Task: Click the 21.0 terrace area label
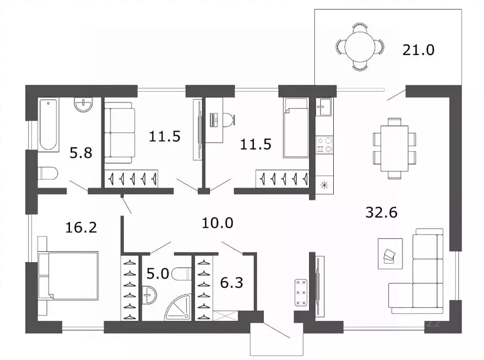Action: pos(418,50)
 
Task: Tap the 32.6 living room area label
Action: pos(381,212)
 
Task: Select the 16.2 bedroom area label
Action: pos(81,228)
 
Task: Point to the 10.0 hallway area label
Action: pos(217,223)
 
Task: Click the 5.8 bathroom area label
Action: pos(81,153)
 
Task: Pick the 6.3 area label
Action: pos(232,283)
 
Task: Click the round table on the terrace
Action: pos(360,47)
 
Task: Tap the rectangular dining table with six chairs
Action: pos(394,149)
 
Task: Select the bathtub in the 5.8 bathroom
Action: pos(49,125)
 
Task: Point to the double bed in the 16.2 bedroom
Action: pos(68,276)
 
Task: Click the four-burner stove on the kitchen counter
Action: pos(324,145)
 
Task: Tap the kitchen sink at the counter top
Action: pos(324,106)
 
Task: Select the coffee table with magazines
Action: pos(390,254)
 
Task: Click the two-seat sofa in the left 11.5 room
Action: pos(120,133)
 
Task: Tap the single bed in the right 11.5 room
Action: pos(296,128)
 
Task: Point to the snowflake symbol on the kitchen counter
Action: pos(324,185)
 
